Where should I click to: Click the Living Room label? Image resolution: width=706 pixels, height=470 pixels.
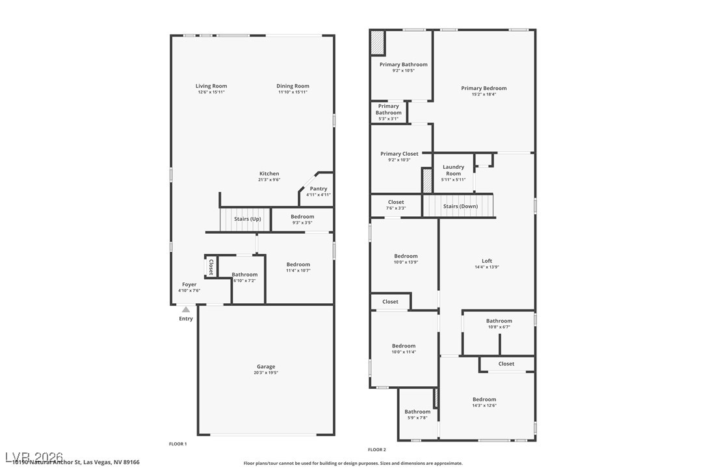click(211, 86)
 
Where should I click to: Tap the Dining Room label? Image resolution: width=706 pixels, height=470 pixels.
click(293, 86)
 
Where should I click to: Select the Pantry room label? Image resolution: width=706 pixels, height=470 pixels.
click(319, 189)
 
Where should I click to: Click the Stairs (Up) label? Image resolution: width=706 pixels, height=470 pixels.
click(248, 219)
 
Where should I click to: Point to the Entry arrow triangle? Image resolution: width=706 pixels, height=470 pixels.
click(186, 310)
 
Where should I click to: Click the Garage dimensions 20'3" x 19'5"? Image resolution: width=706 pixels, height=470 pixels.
click(265, 373)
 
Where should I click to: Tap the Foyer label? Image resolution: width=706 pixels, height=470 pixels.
click(189, 284)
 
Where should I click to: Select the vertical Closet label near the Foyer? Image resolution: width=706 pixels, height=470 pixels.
click(211, 267)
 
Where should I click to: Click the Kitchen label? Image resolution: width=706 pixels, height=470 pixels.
click(269, 173)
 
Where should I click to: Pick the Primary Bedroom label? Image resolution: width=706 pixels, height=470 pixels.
click(484, 88)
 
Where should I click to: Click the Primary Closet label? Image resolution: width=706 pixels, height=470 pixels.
click(399, 154)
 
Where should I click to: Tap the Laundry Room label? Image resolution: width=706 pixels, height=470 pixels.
click(453, 170)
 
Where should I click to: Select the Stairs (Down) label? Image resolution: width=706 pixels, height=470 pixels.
click(460, 206)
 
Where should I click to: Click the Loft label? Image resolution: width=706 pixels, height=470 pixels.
click(487, 261)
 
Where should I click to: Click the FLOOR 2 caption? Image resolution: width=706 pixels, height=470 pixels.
click(377, 449)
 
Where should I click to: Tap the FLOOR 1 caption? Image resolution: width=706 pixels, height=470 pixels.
click(177, 443)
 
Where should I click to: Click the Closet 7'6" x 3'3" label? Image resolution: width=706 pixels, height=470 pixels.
click(396, 203)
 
